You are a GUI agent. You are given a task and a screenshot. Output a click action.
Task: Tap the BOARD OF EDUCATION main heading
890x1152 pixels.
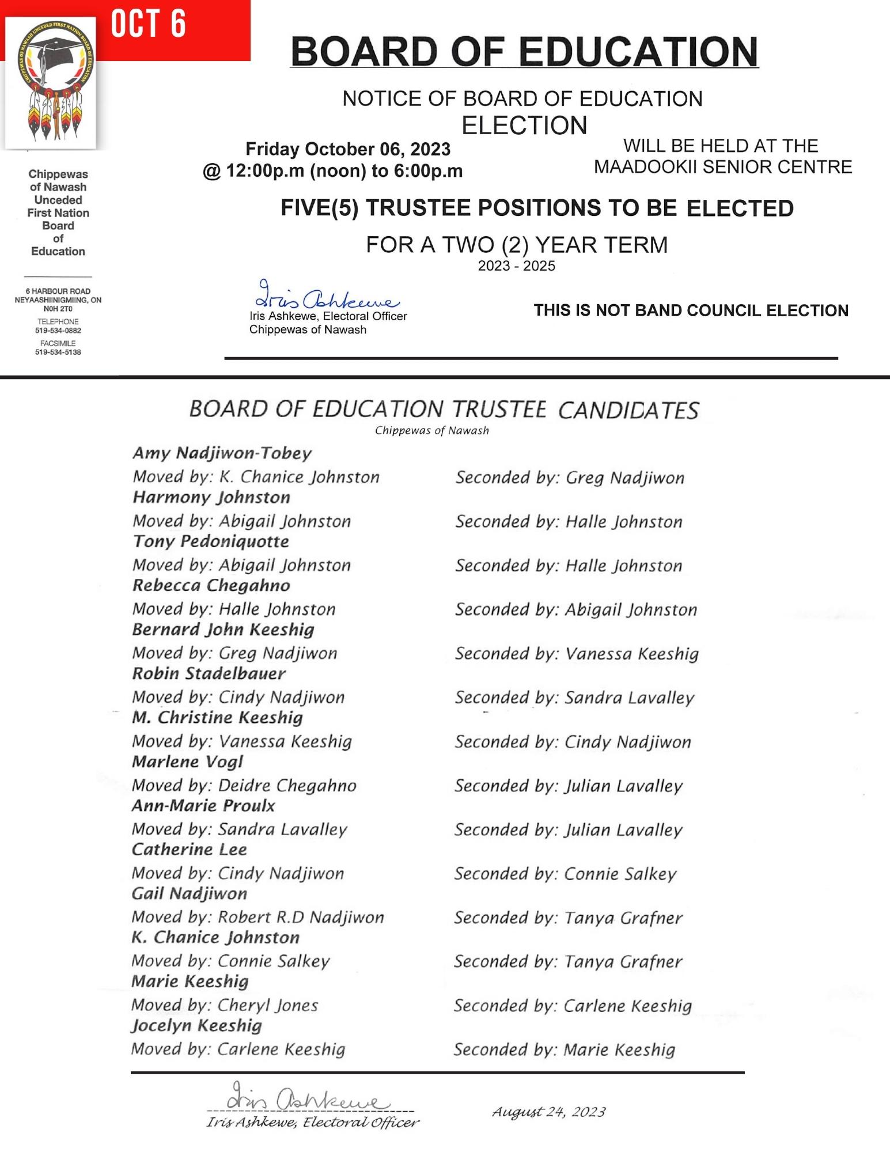pos(524,52)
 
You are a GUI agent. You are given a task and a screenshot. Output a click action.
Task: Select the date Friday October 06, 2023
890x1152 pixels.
pos(348,149)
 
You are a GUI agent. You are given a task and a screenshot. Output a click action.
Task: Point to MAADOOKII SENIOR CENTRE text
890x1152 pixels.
pos(723,167)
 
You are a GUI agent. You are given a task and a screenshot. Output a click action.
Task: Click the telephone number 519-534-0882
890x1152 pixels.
pos(58,331)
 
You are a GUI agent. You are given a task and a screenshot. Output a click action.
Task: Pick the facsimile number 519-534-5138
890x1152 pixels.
pos(58,352)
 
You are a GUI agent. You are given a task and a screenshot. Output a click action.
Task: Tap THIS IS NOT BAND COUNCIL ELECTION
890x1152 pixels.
pos(691,310)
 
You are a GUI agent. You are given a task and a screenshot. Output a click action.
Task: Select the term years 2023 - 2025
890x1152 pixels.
pos(517,266)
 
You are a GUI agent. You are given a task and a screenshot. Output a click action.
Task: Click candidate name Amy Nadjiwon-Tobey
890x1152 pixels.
pos(222,453)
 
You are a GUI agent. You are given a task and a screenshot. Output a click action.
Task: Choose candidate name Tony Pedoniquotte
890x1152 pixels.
pos(211,541)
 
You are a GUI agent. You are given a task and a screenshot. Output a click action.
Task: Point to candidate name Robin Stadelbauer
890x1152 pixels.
pos(209,673)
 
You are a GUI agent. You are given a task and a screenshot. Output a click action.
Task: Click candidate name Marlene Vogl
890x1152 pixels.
pos(188,761)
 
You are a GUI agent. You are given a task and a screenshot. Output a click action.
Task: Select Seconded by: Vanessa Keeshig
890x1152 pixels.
pos(577,654)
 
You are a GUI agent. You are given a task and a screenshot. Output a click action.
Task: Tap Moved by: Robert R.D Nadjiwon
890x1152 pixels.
pos(257,917)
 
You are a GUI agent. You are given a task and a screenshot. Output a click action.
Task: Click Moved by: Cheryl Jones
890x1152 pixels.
pos(225,1005)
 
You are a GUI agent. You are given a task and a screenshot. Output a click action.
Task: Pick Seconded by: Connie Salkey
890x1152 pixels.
pos(565,874)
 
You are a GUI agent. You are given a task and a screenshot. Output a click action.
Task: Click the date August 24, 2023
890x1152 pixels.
pos(548,1112)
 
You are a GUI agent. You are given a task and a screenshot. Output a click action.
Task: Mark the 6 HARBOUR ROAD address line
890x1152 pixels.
pos(58,291)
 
